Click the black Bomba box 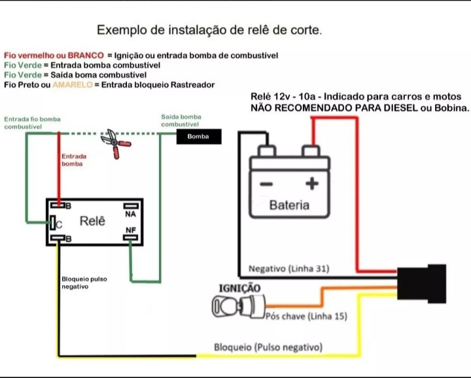[198, 136]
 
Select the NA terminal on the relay [130, 214]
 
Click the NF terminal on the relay [130, 230]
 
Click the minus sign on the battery [266, 184]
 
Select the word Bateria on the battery [289, 205]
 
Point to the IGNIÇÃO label [239, 288]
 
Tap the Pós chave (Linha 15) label [306, 317]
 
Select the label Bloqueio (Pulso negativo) [268, 347]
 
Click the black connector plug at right [419, 283]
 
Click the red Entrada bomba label [73, 160]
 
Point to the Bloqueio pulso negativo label [84, 283]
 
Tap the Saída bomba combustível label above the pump [181, 120]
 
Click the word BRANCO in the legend [86, 56]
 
